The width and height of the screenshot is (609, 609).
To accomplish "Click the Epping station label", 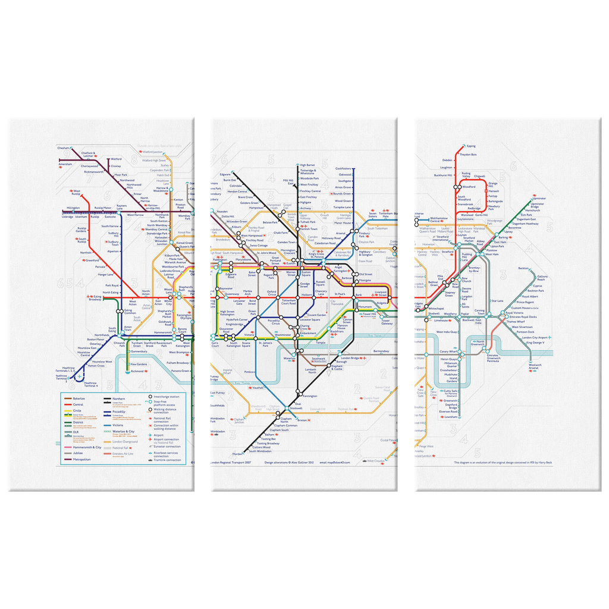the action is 471,146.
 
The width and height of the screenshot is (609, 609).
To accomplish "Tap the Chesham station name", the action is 64,147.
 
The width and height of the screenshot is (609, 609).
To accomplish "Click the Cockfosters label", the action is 343,168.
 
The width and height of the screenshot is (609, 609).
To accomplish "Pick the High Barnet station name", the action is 307,165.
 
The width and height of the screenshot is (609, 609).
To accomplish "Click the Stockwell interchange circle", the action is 286,409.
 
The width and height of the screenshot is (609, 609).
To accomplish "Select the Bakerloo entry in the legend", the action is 79,398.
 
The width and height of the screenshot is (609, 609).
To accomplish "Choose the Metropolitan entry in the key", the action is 82,460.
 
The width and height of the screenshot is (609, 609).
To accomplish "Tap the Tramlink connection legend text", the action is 167,460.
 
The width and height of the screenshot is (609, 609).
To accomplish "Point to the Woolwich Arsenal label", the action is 534,367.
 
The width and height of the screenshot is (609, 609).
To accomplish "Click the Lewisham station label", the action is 451,417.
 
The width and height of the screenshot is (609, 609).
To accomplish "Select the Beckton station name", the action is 523,268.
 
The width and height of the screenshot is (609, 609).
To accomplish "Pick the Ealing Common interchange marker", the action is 120,311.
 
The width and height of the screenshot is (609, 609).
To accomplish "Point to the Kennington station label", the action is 310,396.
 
